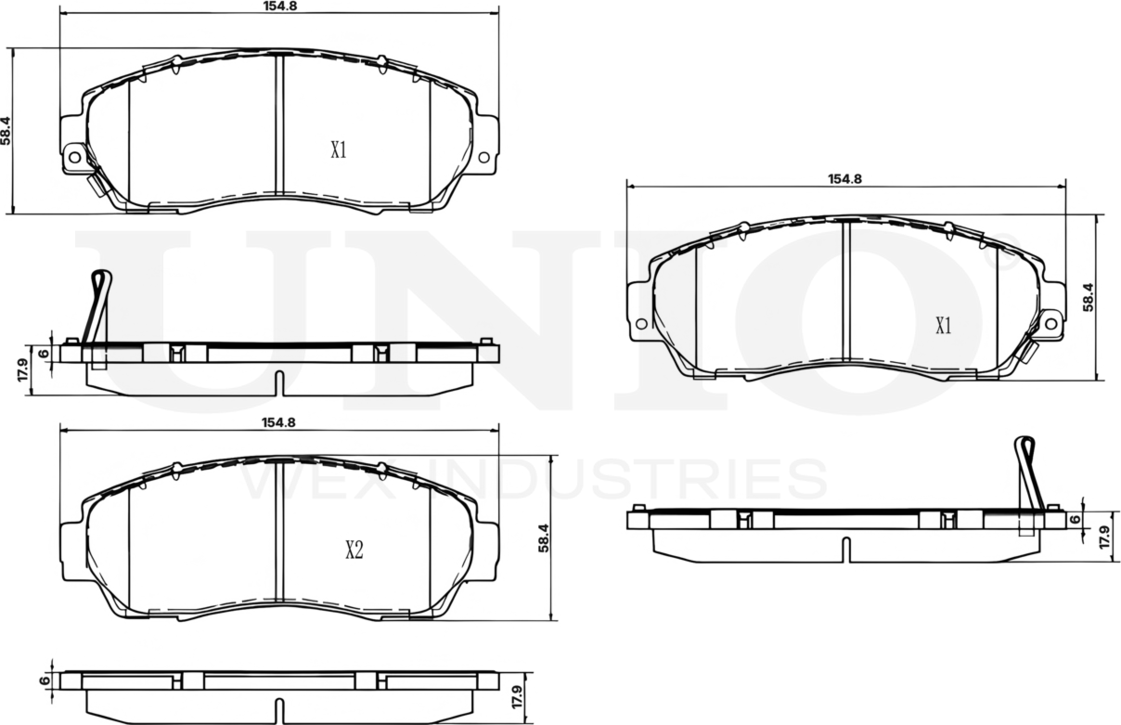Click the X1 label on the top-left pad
click(339, 150)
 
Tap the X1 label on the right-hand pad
click(944, 326)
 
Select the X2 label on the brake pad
click(354, 550)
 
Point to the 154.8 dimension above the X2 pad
click(278, 421)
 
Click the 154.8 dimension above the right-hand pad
click(845, 179)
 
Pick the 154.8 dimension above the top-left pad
click(278, 6)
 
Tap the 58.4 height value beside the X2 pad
click(545, 538)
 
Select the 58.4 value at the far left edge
click(6, 130)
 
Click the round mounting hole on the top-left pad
click(75, 158)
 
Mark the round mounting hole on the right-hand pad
click(1050, 323)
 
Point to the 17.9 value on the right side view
click(1104, 537)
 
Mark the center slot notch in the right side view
click(845, 550)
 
